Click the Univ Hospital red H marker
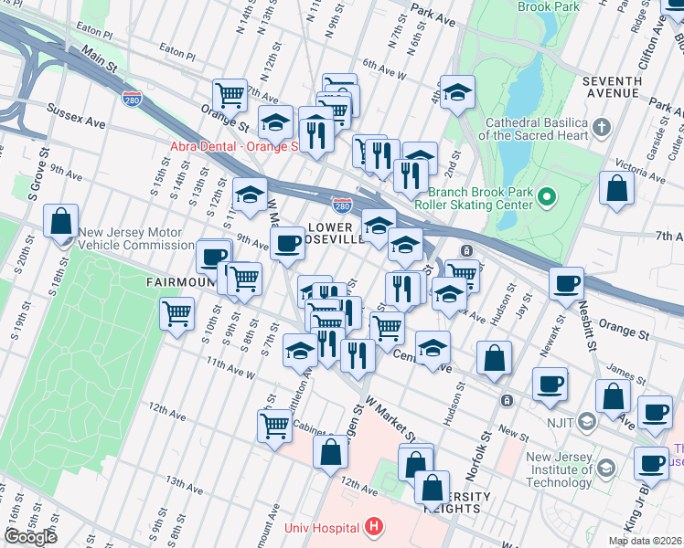[x=373, y=526]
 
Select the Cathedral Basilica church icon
[x=602, y=127]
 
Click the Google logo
[x=30, y=537]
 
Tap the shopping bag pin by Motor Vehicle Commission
[x=60, y=222]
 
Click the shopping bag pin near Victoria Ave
[x=617, y=188]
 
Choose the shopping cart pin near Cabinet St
[x=274, y=426]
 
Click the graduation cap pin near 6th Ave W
[x=458, y=92]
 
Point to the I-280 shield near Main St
[x=133, y=98]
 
